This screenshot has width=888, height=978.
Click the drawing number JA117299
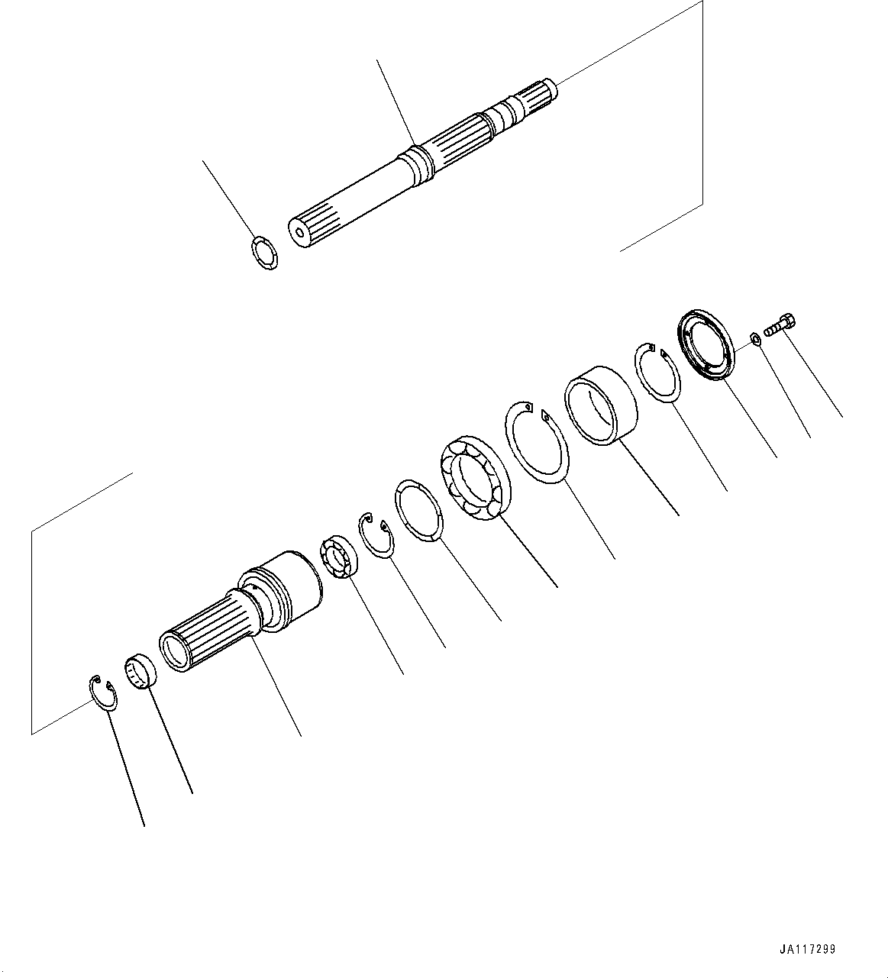click(x=808, y=950)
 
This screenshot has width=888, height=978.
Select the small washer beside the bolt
click(x=754, y=338)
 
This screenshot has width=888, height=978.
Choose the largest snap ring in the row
click(x=537, y=441)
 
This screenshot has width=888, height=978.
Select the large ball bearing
click(x=475, y=479)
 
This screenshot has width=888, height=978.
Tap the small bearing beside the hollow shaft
click(x=335, y=555)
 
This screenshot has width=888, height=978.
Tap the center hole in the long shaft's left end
click(x=298, y=228)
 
